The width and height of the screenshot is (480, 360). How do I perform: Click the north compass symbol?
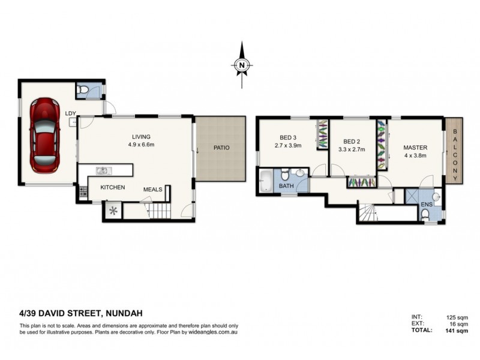pyautogui.click(x=241, y=65)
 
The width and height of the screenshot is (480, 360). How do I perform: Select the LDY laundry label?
pyautogui.click(x=71, y=113)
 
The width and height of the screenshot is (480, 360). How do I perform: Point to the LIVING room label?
pyautogui.click(x=142, y=136)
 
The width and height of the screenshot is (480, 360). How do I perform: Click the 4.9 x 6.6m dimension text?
pyautogui.click(x=142, y=145)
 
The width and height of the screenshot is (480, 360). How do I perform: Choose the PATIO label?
pyautogui.click(x=220, y=148)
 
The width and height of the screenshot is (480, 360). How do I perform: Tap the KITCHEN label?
pyautogui.click(x=112, y=187)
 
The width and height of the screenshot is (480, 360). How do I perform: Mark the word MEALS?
pyautogui.click(x=152, y=190)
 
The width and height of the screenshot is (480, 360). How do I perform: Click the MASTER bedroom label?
pyautogui.click(x=415, y=148)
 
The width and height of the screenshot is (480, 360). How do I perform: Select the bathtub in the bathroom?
pyautogui.click(x=265, y=181)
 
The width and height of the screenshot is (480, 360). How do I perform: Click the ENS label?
pyautogui.click(x=427, y=205)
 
